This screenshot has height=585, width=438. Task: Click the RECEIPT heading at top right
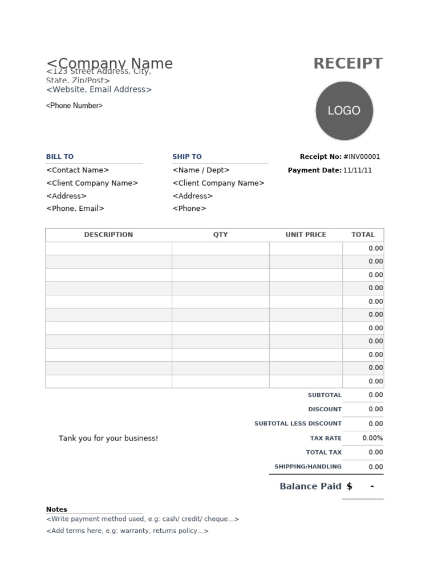coord(348,64)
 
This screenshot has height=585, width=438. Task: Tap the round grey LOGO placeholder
coord(344,111)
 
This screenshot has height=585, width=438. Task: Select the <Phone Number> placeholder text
coord(74,106)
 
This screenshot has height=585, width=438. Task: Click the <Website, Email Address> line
coord(99,90)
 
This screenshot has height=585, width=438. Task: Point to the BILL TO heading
coord(60,157)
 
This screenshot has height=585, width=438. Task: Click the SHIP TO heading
coord(187,157)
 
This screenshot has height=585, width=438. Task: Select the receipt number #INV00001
coord(362,157)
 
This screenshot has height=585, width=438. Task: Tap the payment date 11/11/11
coord(358,170)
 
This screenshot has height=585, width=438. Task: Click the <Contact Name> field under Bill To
coord(78,170)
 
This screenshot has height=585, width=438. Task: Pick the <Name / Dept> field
coord(201,170)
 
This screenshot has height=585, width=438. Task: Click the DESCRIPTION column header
coord(108,235)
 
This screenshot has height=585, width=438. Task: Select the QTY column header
coord(220,235)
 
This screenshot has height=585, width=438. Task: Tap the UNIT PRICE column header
coord(306,235)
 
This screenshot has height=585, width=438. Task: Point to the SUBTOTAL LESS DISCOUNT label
coord(298,424)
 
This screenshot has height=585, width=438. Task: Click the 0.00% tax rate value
coord(372,438)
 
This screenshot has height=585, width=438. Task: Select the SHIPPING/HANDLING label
coord(308,467)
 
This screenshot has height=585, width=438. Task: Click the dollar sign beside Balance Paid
coord(350,486)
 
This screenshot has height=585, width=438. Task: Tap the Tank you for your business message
coord(108,439)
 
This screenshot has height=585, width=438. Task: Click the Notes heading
coord(56,509)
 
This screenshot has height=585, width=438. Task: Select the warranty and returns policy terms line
coord(127,531)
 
